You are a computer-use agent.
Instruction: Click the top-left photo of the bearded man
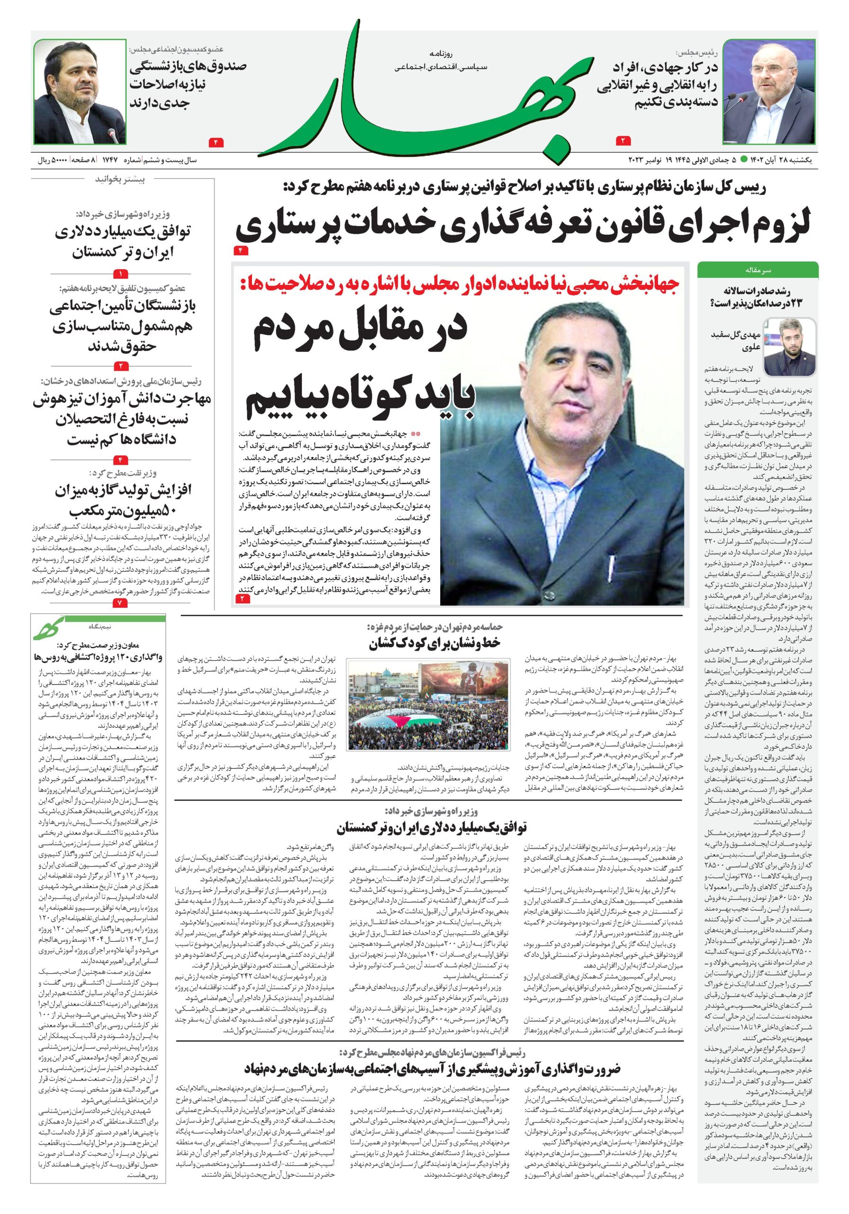click(80, 91)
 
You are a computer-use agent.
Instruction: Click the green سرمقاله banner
click(758, 270)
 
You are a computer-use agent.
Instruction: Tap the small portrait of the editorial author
click(789, 346)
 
